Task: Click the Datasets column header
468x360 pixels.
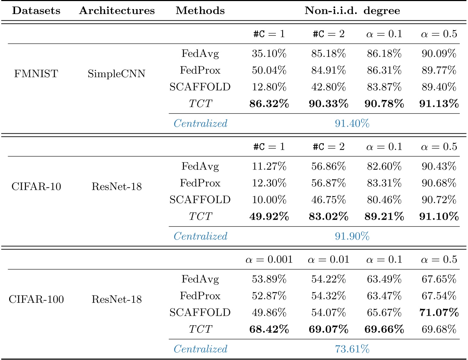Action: pos(36,11)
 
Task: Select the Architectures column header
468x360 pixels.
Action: pos(117,11)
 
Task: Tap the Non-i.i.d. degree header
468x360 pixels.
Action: pos(352,11)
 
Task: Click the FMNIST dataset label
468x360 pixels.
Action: pos(36,74)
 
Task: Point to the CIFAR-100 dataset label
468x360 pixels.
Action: pos(36,299)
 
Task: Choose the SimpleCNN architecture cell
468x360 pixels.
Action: pos(116,74)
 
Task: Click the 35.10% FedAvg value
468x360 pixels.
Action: pos(269,54)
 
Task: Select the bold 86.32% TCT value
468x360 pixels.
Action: pos(269,104)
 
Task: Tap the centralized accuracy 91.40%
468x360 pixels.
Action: pos(352,124)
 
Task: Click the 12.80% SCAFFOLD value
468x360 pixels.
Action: pos(269,87)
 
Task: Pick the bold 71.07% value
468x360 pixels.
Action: pos(439,312)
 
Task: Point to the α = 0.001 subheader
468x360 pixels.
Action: pos(269,260)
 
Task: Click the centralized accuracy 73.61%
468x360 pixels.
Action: pos(352,349)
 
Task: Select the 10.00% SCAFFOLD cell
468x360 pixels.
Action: pos(269,200)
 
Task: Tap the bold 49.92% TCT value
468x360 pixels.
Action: pos(269,216)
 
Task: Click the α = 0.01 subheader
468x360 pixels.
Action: pos(328,260)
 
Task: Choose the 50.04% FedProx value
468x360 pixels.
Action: pos(269,71)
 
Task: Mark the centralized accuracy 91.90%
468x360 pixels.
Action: pos(352,236)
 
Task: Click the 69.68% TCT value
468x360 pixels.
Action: pos(439,329)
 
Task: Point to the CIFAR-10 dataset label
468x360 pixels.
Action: pos(36,186)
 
